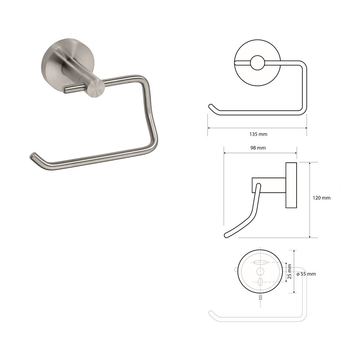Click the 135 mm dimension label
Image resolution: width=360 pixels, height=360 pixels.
pos(258,134)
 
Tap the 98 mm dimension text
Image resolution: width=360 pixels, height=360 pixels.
pos(258,148)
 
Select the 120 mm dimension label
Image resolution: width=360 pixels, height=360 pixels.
pos(321,198)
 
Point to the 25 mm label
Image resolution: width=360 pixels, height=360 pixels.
pos(289,271)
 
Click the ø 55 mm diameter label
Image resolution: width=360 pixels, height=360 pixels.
pos(306,274)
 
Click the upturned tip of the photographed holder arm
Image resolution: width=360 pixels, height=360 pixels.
pos(33,155)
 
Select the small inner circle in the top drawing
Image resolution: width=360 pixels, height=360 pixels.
pos(257,63)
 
